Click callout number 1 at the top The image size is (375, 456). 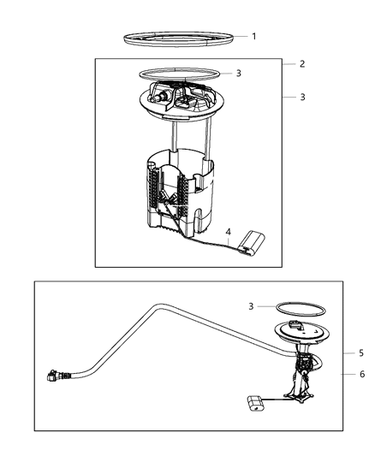253,36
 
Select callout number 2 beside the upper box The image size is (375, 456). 301,64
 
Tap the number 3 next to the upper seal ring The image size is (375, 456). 239,74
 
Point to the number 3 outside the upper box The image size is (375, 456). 302,98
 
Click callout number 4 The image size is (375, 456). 229,231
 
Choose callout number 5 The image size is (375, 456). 361,352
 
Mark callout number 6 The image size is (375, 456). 361,374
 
